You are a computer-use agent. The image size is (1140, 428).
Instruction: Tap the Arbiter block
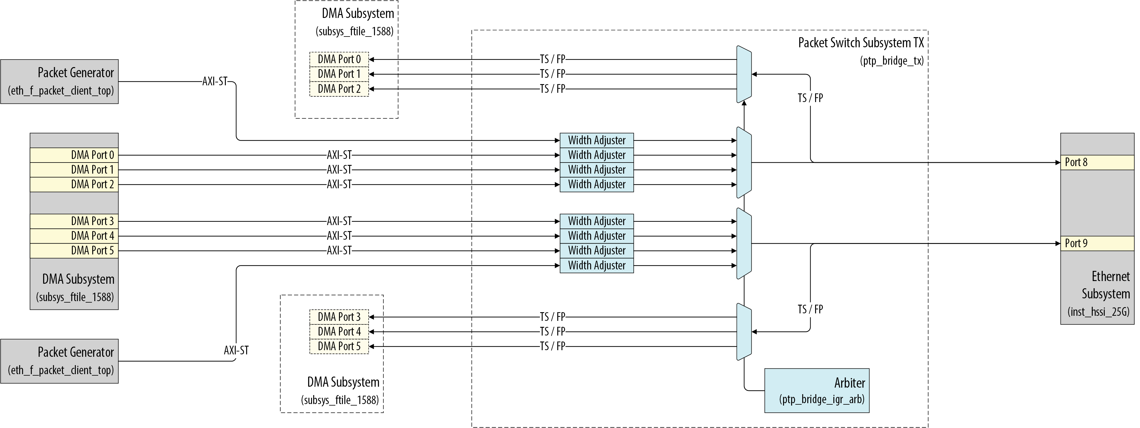tap(817, 390)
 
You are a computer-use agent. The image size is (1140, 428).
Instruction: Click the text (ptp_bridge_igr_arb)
tap(821, 400)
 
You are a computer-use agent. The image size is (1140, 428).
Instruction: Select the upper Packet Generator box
tap(59, 81)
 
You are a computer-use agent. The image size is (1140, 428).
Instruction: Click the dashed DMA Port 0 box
tap(339, 59)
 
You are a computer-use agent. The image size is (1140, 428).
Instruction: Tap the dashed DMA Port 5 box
tap(339, 346)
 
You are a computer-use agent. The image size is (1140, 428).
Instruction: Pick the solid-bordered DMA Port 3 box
tap(74, 221)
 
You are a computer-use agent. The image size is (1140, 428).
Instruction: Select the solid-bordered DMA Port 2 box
tap(74, 184)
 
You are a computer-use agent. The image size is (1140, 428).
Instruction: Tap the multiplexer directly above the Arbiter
tap(744, 332)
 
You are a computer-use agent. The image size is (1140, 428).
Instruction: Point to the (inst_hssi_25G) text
tap(1098, 312)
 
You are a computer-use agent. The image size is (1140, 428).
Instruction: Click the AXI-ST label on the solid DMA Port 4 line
tap(339, 236)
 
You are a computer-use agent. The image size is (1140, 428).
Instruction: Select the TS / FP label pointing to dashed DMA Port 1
tap(552, 74)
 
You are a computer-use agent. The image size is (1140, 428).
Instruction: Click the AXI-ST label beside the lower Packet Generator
tap(236, 350)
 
